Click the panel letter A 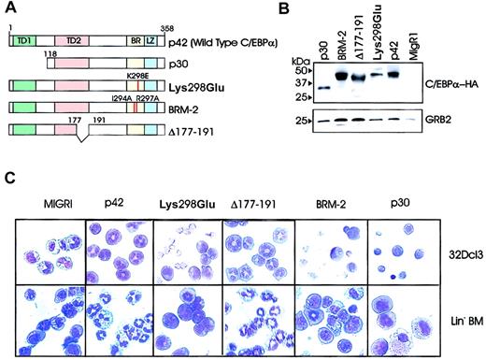pos(9,8)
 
